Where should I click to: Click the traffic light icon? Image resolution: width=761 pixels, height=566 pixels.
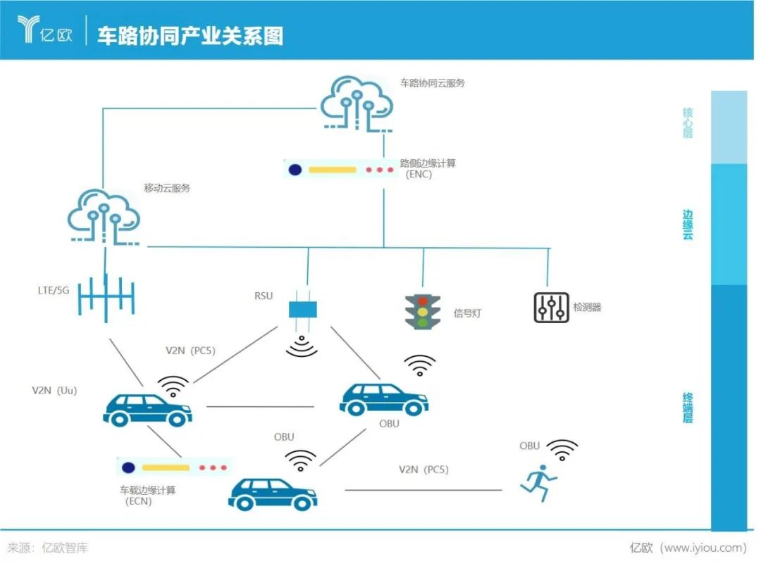pos(423,312)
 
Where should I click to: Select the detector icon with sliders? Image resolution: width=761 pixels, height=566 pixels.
pos(550,307)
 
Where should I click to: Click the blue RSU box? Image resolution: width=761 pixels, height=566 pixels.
pos(303,309)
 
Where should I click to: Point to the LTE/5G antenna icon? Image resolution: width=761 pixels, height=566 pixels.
pos(106,298)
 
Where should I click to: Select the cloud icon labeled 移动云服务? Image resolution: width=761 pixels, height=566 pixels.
pos(104,216)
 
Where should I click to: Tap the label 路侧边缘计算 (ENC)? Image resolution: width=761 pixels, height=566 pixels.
pos(428,168)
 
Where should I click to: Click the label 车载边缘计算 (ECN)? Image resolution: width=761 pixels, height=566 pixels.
pos(147,496)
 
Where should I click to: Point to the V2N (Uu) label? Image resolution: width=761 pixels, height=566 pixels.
pos(54,390)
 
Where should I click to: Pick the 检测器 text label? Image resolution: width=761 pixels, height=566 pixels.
pos(587,308)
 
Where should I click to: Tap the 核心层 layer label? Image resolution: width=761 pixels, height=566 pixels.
pos(688,122)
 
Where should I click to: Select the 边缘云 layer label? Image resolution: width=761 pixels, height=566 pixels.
pos(688,225)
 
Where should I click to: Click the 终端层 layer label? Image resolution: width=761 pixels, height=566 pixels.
pos(688,408)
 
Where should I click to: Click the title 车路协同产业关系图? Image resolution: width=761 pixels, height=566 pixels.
pos(190,36)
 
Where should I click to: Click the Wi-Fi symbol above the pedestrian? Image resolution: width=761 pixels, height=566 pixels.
pos(563,449)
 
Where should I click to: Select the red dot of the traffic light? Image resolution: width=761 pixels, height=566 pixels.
pos(422,301)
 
